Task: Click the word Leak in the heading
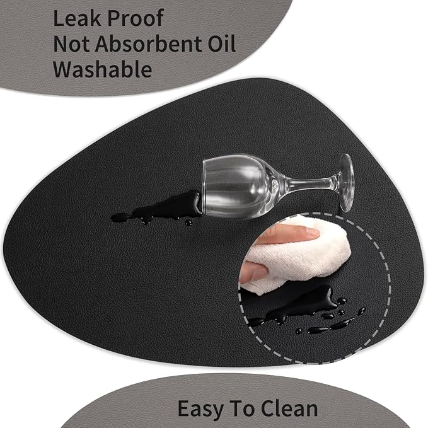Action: coord(76,18)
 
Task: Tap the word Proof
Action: coord(136,19)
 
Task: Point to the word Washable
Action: coord(102,69)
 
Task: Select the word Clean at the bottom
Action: coord(289,408)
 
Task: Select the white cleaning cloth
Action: coord(298,254)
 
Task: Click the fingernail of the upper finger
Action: coord(311,233)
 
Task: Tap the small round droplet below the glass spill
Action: coord(188,223)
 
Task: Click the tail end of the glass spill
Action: coord(116,217)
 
